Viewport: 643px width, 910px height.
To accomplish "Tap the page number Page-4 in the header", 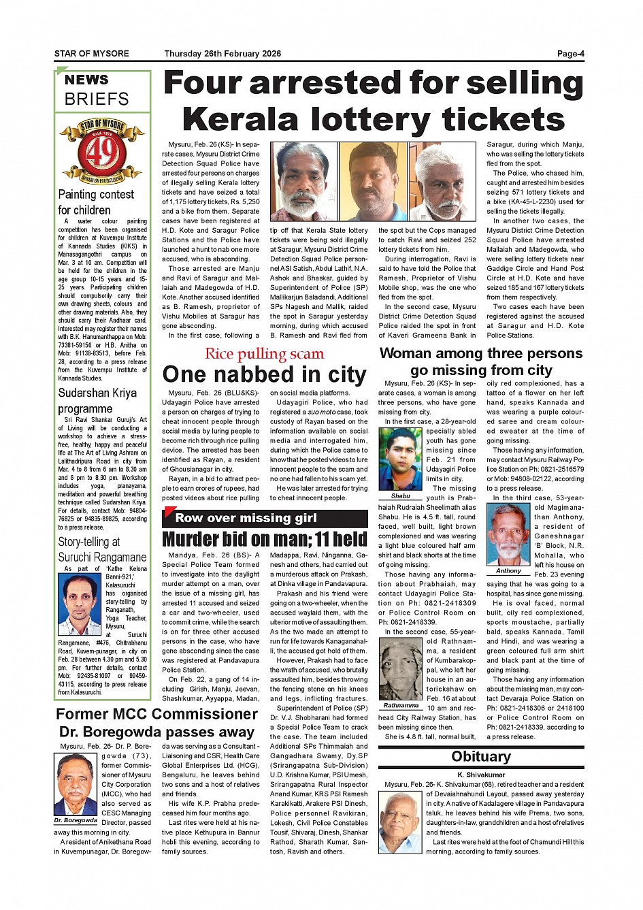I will pos(570,54).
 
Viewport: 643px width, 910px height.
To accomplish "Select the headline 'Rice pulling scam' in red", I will pos(264,353).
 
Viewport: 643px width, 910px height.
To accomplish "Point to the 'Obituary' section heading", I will pos(481,757).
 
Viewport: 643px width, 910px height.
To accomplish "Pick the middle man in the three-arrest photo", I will pos(373,182).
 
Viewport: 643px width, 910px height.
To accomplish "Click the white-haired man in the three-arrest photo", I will pos(445,182).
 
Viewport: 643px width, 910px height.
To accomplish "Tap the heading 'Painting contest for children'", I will pos(96,202).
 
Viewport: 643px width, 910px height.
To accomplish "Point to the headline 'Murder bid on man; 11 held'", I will pos(265,540).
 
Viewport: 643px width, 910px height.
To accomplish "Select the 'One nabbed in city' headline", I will pos(264,374).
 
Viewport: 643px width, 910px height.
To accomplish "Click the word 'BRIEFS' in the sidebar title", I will pos(97,99).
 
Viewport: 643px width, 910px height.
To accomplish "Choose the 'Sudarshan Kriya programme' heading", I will pos(97,401).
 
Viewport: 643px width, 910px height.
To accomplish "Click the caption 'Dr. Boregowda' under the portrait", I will pos(76,821).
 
